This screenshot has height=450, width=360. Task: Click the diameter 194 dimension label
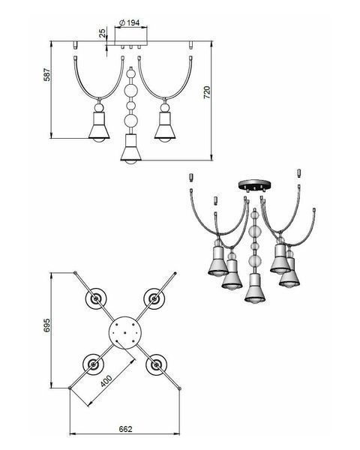pos(130,22)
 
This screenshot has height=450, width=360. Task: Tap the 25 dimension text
pos(102,33)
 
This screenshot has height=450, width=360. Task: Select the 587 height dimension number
pos(46,75)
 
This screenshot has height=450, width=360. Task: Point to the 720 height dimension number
pos(207,92)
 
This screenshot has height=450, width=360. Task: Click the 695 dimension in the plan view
pos(46,325)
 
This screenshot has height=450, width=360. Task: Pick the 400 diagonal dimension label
pos(106,381)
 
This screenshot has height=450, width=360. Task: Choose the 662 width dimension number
pos(125,429)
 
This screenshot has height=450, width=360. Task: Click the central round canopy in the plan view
pos(125,332)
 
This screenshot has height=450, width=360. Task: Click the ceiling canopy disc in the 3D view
pos(255,184)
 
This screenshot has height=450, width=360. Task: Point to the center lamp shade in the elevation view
pos(131,149)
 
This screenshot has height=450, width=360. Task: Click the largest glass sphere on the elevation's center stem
pos(131,91)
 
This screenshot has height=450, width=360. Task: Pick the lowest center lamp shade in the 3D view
pos(255,289)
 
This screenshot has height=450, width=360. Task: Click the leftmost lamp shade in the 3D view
pos(218,262)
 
